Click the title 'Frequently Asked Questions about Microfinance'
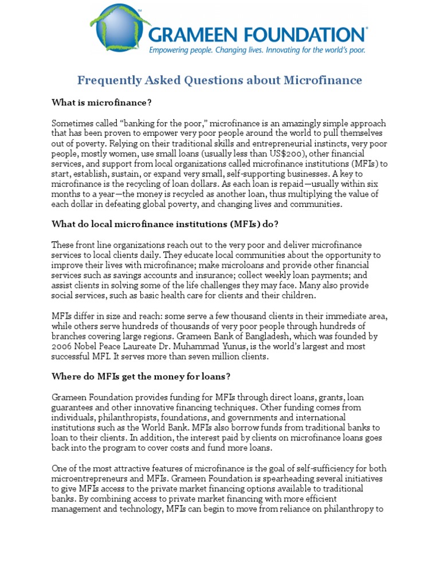coord(220,80)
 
